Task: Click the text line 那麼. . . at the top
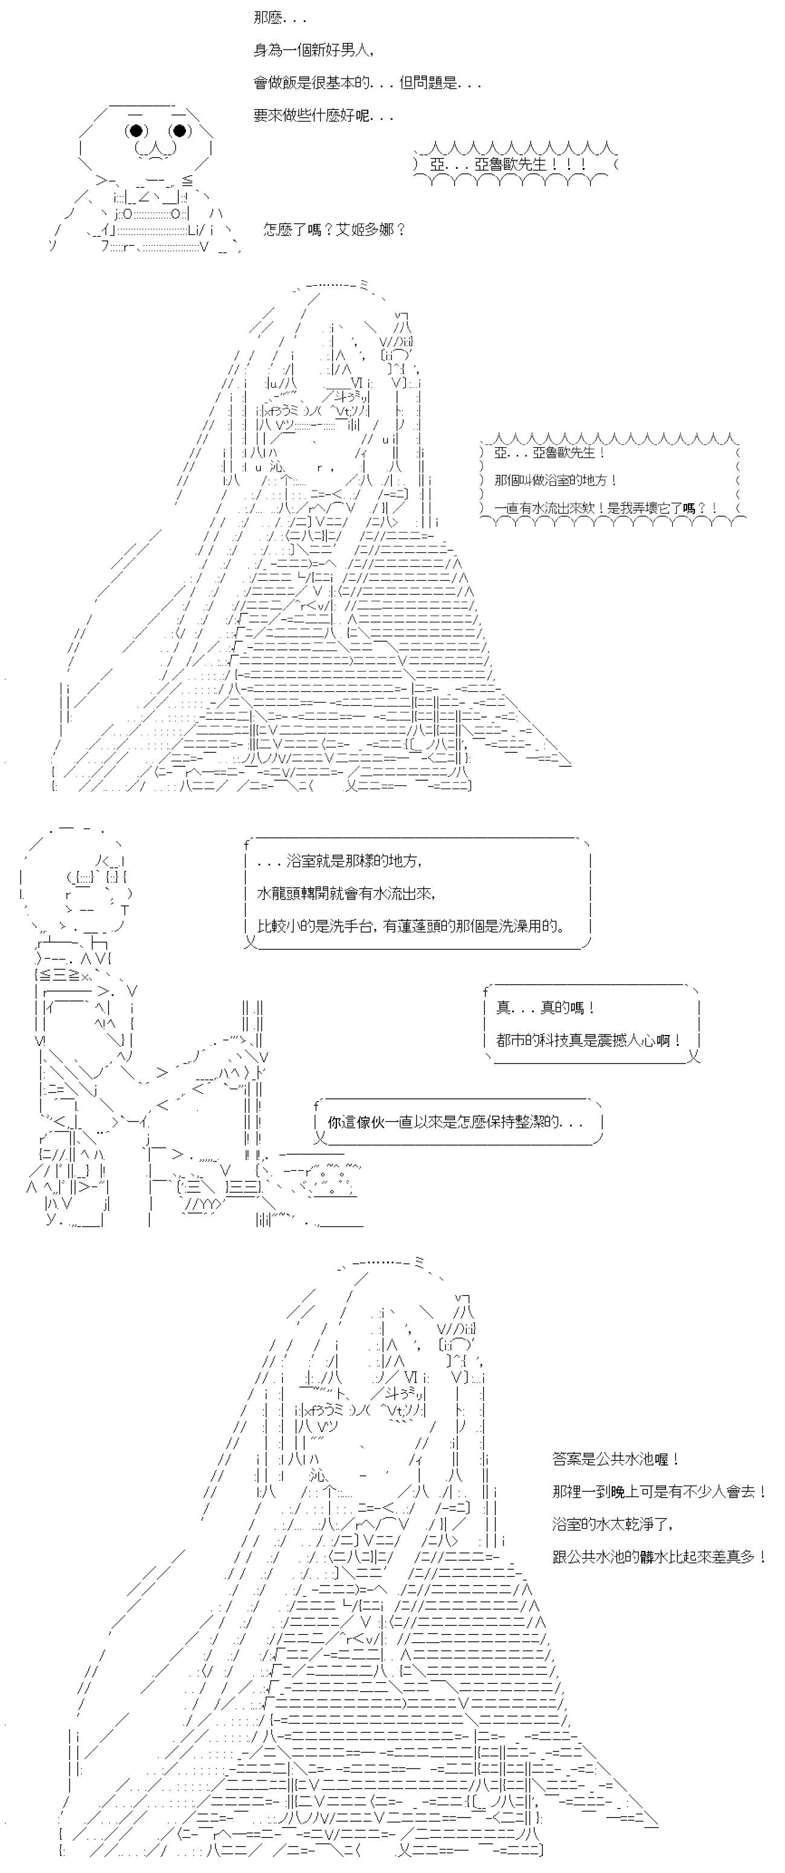pyautogui.click(x=280, y=18)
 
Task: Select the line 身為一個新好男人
pyautogui.click(x=314, y=50)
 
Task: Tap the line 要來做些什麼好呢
pyautogui.click(x=324, y=115)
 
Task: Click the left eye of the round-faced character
pyautogui.click(x=135, y=131)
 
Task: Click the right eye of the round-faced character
pyautogui.click(x=179, y=131)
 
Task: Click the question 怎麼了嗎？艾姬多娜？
pyautogui.click(x=335, y=230)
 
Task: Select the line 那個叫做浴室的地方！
pyautogui.click(x=556, y=480)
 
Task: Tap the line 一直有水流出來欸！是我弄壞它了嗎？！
pyautogui.click(x=606, y=508)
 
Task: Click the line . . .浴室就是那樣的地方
pyautogui.click(x=339, y=861)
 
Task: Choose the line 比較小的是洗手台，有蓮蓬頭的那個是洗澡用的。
pyautogui.click(x=411, y=926)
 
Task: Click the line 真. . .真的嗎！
pyautogui.click(x=546, y=1008)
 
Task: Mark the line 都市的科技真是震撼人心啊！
pyautogui.click(x=589, y=1040)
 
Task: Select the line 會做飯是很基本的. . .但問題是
pyautogui.click(x=367, y=83)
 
